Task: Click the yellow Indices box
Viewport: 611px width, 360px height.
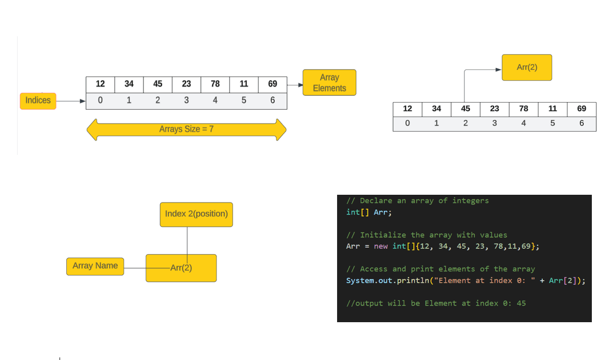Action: tap(38, 100)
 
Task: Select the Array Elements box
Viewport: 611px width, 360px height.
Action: tap(329, 83)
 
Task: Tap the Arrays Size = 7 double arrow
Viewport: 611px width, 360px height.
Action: tap(186, 129)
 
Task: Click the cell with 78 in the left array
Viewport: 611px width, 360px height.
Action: tap(215, 84)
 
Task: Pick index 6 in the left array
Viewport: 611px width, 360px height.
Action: tap(272, 100)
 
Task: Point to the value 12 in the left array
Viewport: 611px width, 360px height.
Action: tap(100, 84)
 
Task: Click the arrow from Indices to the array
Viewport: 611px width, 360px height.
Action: tap(70, 101)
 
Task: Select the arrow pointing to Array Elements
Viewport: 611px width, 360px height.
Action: tap(295, 85)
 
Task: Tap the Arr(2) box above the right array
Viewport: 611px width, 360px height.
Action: tap(527, 67)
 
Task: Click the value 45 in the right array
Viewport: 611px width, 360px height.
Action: tap(465, 109)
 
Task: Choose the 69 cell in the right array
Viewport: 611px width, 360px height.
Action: tap(581, 109)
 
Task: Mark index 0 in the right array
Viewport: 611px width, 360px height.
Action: tap(408, 123)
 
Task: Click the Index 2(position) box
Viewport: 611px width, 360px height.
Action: tap(196, 214)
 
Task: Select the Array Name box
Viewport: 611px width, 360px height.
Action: tap(95, 266)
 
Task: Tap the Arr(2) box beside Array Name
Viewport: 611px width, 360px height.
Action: tap(181, 268)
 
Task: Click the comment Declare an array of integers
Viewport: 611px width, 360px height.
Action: tap(417, 201)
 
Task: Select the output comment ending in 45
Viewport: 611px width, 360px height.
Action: tap(436, 304)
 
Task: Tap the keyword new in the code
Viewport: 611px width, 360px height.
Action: tap(381, 247)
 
